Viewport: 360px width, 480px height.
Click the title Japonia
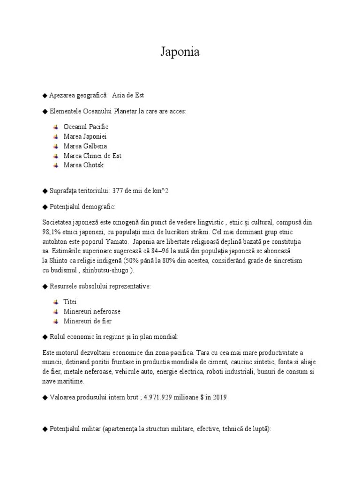click(180, 52)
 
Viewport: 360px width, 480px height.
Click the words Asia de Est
click(128, 95)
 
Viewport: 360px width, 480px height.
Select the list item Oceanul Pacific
click(86, 127)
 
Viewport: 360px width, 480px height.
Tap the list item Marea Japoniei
click(85, 136)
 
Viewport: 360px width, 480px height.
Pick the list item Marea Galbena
click(85, 146)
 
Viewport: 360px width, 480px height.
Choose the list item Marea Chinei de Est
click(92, 156)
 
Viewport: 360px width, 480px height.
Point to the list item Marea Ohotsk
click(83, 165)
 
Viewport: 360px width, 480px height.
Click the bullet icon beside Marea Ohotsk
click(56, 165)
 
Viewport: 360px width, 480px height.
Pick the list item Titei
click(70, 302)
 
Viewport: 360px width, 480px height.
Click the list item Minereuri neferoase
click(92, 311)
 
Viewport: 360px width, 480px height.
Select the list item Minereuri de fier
click(87, 321)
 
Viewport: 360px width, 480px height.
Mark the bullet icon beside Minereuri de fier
click(56, 321)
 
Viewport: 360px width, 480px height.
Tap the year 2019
click(219, 397)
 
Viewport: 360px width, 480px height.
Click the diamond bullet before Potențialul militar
click(45, 429)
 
